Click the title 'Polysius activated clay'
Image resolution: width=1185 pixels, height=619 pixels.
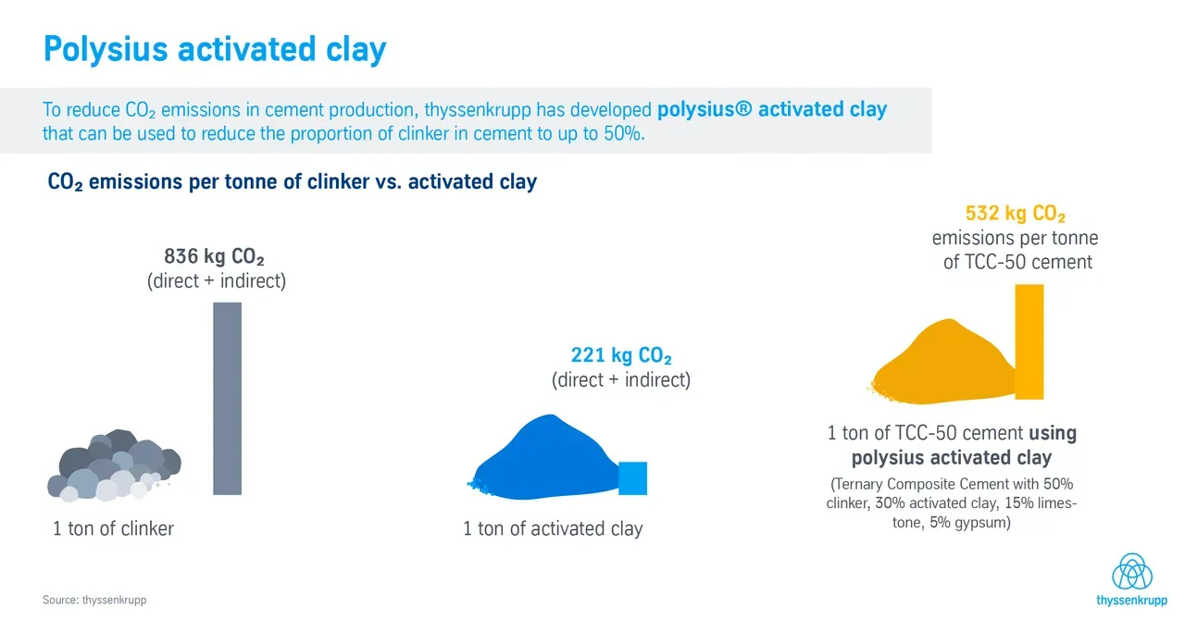tap(215, 49)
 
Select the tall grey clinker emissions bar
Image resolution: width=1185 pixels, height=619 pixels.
tap(228, 399)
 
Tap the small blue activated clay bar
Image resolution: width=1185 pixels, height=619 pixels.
tap(632, 478)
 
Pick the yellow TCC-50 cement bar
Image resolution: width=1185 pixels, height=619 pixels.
tap(1029, 341)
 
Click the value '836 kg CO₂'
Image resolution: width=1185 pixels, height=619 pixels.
tap(214, 256)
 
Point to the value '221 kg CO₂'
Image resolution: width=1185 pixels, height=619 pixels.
tap(621, 355)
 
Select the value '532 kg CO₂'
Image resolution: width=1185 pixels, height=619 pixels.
tap(1016, 213)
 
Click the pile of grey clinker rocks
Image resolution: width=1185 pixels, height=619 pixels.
tap(114, 465)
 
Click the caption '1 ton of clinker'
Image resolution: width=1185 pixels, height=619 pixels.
tap(113, 528)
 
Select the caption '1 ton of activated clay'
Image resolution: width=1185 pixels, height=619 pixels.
tap(553, 528)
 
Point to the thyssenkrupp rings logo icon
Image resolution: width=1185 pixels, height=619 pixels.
tap(1132, 572)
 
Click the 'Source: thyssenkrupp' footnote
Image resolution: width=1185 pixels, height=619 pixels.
tap(94, 600)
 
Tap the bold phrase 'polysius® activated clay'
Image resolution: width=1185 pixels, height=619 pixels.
tap(772, 109)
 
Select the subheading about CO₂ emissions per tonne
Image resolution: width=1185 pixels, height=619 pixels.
tap(292, 182)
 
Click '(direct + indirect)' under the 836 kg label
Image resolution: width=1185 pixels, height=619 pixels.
tap(217, 280)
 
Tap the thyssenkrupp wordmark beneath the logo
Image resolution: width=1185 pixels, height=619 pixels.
tap(1131, 600)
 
